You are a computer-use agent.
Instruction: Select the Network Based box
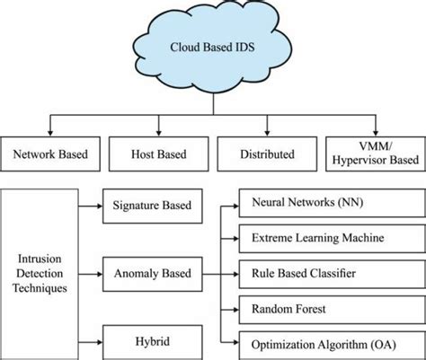[50, 154]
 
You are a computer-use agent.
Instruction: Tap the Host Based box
[158, 154]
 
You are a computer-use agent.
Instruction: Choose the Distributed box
[266, 154]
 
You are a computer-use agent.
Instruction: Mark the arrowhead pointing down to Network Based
[50, 132]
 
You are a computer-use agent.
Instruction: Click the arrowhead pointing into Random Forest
[235, 308]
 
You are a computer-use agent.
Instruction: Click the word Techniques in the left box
[40, 288]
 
